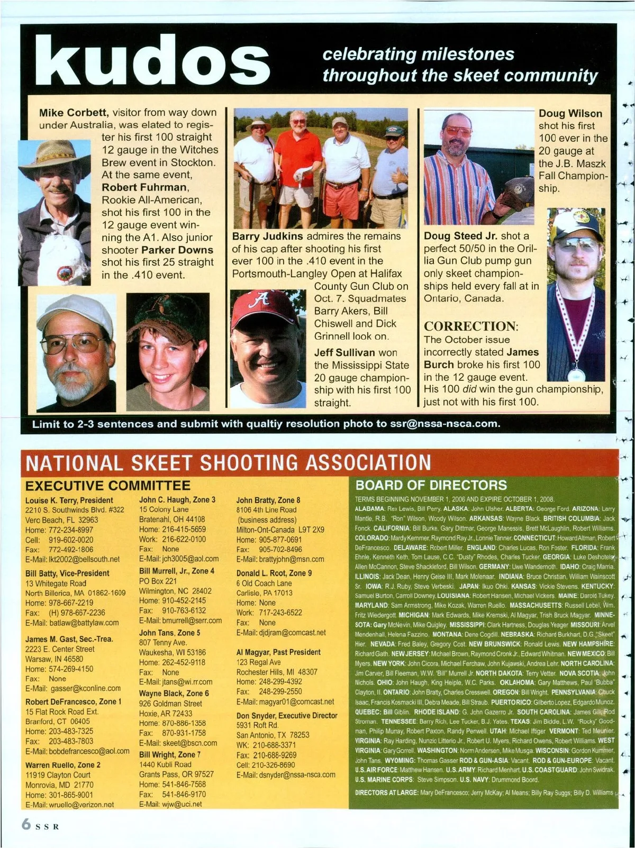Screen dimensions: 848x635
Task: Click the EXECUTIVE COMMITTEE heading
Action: (x=107, y=486)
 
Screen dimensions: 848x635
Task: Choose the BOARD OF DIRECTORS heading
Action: (x=431, y=485)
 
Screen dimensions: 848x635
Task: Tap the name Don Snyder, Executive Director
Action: (x=287, y=715)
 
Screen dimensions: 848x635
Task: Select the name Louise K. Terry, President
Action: (x=69, y=500)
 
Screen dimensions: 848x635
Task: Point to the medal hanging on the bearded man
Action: (x=576, y=374)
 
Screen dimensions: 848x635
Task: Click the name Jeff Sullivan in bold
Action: (x=344, y=352)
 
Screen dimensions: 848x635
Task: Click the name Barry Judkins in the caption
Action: (x=267, y=236)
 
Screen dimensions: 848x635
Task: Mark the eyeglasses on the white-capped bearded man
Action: (x=75, y=344)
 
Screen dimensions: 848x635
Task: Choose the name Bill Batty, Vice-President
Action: (x=67, y=573)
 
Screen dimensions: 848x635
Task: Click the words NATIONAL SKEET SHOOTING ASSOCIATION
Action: (x=228, y=463)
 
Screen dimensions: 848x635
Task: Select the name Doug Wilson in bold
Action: (x=570, y=113)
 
